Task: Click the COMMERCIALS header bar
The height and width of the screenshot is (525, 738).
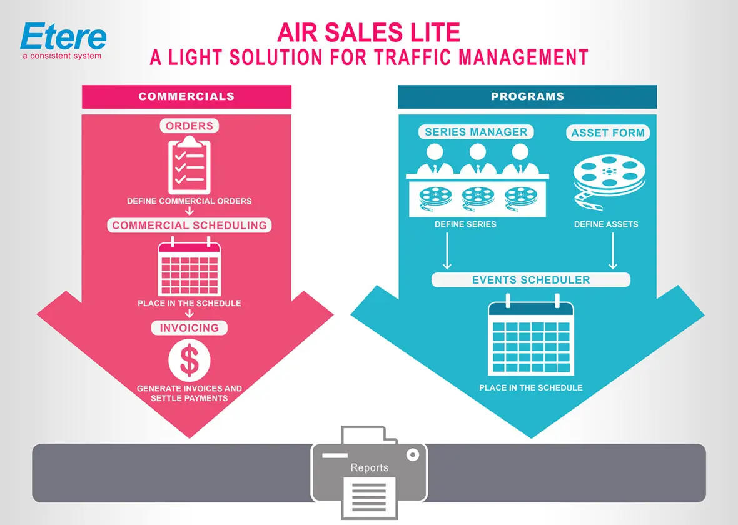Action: point(186,96)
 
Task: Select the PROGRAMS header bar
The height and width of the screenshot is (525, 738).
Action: point(527,96)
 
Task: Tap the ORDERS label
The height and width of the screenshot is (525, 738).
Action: point(189,126)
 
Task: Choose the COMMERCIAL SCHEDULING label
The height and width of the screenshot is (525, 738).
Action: point(189,226)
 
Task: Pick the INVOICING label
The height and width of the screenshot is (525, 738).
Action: point(189,327)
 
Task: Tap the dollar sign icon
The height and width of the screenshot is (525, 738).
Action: point(190,361)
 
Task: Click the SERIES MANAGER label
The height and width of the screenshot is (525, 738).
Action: point(476,132)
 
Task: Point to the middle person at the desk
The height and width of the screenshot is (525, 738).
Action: point(477,161)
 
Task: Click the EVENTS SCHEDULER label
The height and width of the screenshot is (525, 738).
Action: point(530,279)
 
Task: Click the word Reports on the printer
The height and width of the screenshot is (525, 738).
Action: point(369,467)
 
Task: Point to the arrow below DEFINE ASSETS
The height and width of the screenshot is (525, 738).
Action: point(613,251)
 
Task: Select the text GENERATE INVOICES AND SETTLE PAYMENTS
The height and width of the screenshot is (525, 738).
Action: point(189,393)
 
